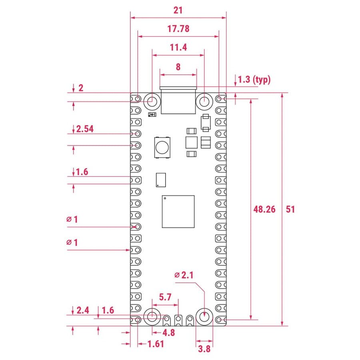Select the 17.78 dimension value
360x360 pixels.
point(178,29)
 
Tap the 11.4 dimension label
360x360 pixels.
point(178,48)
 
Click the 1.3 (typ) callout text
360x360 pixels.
point(254,80)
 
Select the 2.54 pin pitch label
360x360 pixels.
point(85,129)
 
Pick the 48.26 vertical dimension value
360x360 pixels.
point(264,209)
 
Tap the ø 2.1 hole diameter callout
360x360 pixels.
point(184,275)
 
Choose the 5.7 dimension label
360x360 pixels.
point(165,297)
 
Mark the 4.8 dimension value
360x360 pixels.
point(168,332)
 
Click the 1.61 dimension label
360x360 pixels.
point(156,344)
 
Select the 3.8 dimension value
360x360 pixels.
point(204,349)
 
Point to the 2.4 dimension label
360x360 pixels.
point(83,310)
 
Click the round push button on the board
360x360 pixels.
point(162,147)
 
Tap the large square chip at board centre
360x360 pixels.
point(178,212)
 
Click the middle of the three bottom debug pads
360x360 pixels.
point(178,319)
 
